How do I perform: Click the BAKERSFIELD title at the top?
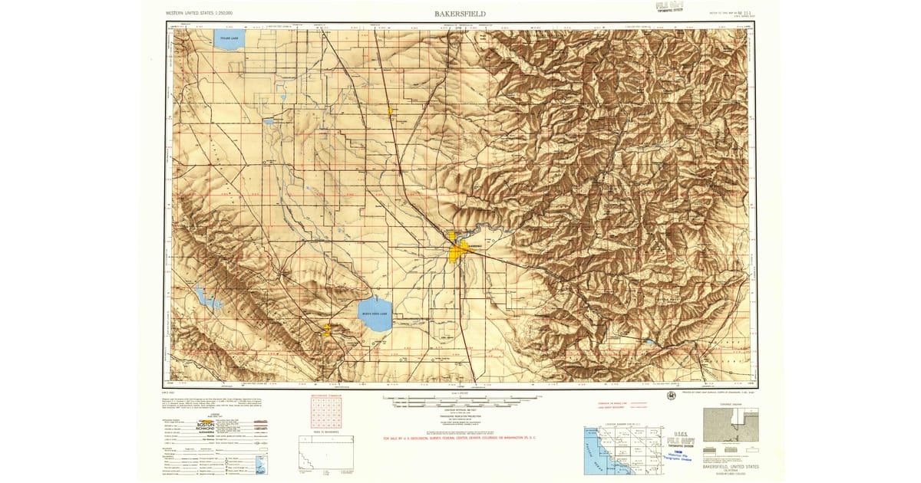(x=460, y=14)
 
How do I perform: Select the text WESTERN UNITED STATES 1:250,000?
(x=200, y=14)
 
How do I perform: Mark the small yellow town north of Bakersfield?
(x=391, y=112)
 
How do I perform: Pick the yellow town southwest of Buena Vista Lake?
(x=328, y=330)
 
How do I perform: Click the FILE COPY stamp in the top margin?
(x=669, y=8)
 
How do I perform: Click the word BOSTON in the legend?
(x=206, y=424)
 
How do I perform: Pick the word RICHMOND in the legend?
(x=206, y=429)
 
